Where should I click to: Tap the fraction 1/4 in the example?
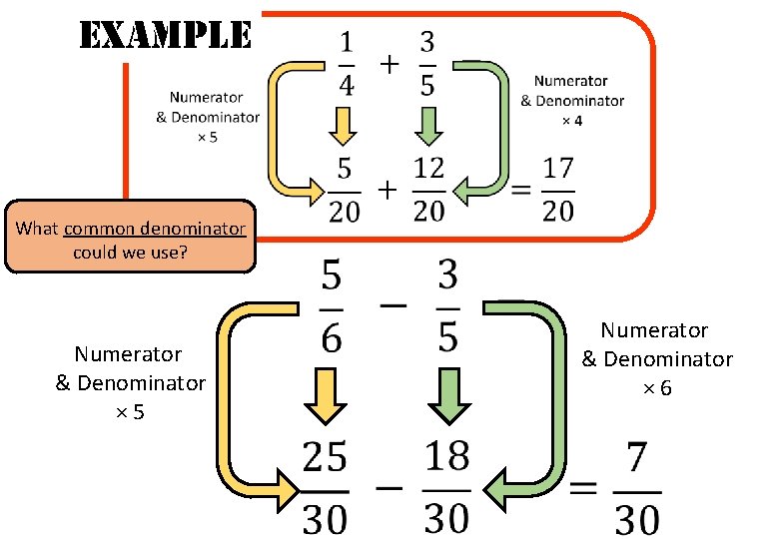(x=346, y=63)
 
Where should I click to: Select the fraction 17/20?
(x=558, y=189)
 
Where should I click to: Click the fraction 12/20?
(x=428, y=189)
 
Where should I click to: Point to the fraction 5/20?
(x=344, y=189)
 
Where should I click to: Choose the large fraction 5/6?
(x=331, y=307)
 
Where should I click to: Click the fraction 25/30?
(x=325, y=487)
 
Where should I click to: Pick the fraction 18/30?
(x=445, y=487)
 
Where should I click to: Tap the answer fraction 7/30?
(x=637, y=489)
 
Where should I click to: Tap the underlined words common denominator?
(x=154, y=229)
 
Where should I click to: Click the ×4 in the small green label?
(x=571, y=120)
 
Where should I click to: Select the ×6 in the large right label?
(x=657, y=387)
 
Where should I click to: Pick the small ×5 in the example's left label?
(x=206, y=137)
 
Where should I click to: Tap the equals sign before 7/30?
(x=585, y=489)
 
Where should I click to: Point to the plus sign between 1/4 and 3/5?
(x=388, y=64)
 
